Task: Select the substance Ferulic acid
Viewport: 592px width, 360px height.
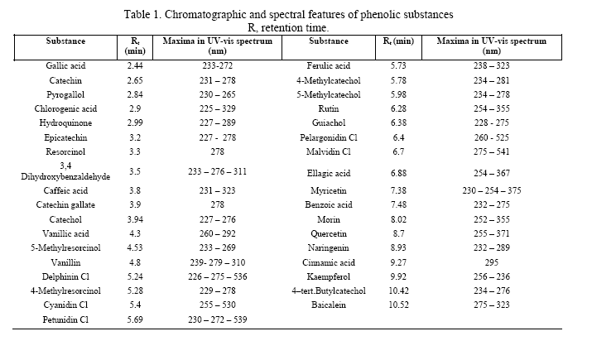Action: pos(329,65)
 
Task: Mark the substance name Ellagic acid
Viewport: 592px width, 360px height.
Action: pos(329,172)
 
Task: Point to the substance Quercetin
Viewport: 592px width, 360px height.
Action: pos(329,233)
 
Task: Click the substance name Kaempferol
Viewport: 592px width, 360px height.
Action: pos(329,276)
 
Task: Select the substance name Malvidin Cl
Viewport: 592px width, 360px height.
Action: pos(329,151)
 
